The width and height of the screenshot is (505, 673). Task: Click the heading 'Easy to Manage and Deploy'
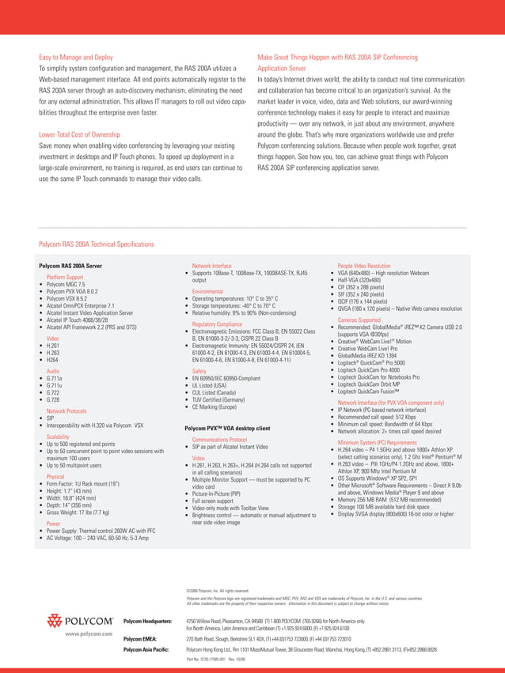pos(76,58)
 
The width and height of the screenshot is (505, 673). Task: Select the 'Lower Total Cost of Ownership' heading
pos(81,134)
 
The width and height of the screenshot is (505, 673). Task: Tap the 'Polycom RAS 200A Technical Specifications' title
pos(97,244)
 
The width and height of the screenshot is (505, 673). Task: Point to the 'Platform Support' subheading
pos(65,278)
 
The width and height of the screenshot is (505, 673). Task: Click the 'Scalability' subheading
pos(63,436)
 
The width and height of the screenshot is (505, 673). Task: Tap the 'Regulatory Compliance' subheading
pos(216,324)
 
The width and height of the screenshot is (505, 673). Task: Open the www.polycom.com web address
pos(88,634)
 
